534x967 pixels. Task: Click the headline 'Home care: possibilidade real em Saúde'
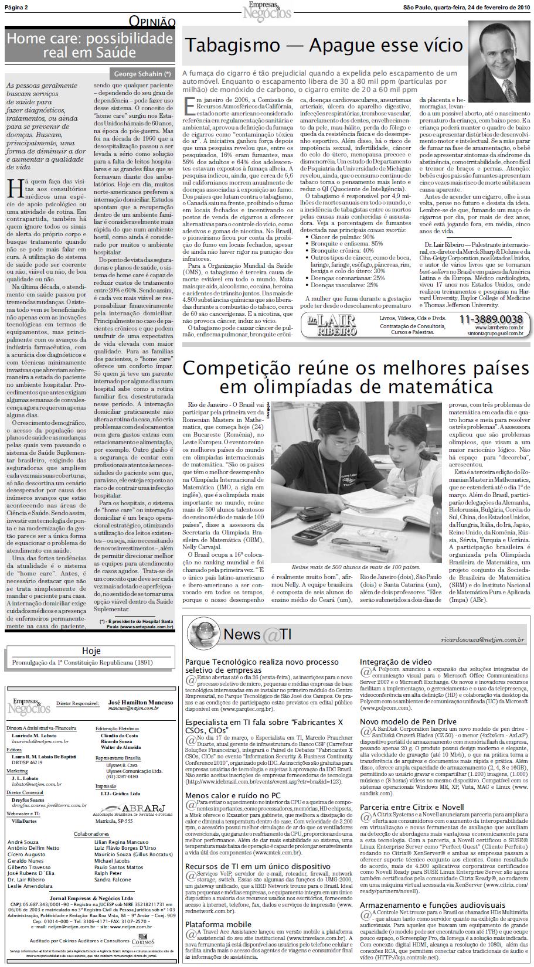coord(90,46)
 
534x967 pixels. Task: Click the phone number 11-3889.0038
coord(491,319)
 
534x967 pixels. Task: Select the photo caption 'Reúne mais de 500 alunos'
coord(356,567)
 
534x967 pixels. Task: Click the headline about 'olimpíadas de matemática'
coord(356,377)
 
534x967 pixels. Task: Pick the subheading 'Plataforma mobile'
coord(218,924)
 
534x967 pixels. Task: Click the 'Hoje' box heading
coord(91,651)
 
